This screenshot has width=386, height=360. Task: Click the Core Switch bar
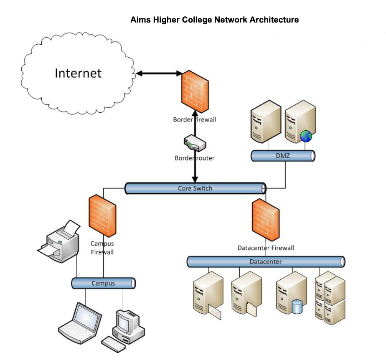[x=195, y=188]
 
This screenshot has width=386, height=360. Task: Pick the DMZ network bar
[x=283, y=156]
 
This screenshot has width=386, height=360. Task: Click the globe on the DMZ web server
[x=306, y=136]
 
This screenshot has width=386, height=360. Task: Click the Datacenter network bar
[x=266, y=262]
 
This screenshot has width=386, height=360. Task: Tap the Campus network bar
[x=103, y=284]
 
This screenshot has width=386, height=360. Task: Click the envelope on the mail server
[x=214, y=312]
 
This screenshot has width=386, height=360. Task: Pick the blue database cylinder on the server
[x=297, y=307]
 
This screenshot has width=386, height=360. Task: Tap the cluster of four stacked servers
[x=330, y=294]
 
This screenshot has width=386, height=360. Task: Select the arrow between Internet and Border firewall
[x=159, y=74]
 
